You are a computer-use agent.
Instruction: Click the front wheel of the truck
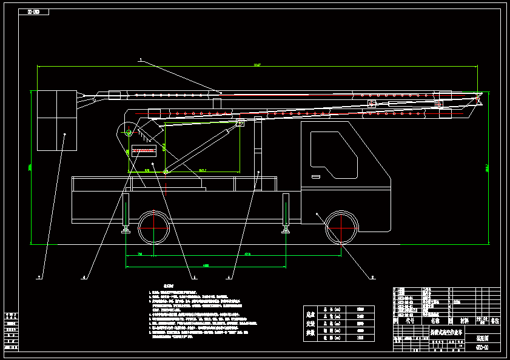coord(341,228)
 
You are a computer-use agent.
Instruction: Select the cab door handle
coord(316,177)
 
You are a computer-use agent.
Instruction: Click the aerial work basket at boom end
coord(57,120)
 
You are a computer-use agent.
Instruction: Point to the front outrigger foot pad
coord(285,230)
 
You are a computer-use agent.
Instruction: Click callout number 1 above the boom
coord(140,59)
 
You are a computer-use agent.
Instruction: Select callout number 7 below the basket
coord(40,277)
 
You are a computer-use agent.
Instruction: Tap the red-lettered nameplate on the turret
coord(143,148)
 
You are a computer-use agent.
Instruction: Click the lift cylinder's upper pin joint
coord(240,123)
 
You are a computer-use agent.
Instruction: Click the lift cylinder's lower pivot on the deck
coord(165,173)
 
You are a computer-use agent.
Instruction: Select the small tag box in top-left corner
coord(34,12)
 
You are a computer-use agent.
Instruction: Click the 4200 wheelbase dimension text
coord(247,254)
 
